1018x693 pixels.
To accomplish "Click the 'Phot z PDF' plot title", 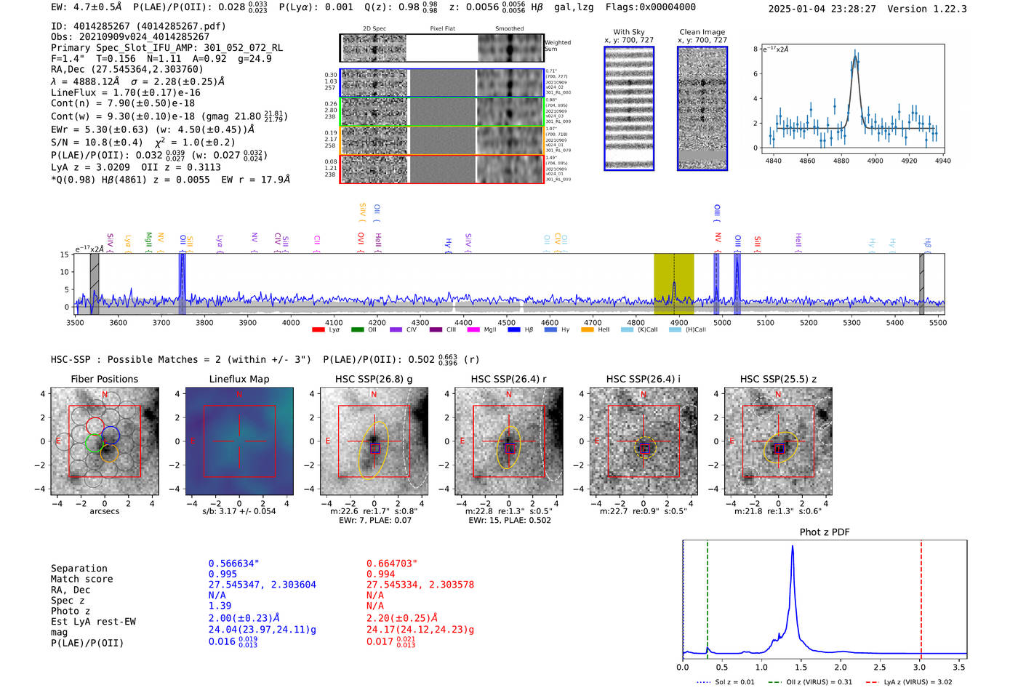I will [x=825, y=532].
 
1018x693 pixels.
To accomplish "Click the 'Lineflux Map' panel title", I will [x=239, y=379].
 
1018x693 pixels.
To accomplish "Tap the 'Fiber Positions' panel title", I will [x=104, y=379].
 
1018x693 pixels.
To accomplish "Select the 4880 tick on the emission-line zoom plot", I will [x=841, y=161].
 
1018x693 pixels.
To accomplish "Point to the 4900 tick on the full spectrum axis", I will [x=678, y=322].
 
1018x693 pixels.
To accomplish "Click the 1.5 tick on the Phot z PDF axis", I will [x=801, y=667].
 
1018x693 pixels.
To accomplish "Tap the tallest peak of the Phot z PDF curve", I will [x=792, y=547].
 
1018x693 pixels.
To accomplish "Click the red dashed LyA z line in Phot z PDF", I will [x=921, y=596].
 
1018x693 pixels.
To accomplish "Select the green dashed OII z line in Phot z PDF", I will [x=707, y=596].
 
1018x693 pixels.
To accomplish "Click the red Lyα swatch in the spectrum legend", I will [x=318, y=330].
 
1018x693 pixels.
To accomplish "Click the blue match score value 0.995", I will [x=223, y=574].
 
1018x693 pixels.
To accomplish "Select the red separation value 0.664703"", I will [x=392, y=564].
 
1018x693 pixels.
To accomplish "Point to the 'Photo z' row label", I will [x=71, y=611].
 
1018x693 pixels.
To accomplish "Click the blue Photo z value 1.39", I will [x=220, y=606].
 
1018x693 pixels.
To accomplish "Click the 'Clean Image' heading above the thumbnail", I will [x=702, y=32].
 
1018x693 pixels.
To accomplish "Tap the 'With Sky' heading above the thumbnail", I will [x=629, y=32].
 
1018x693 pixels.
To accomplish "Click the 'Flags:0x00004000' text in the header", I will [x=648, y=7].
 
